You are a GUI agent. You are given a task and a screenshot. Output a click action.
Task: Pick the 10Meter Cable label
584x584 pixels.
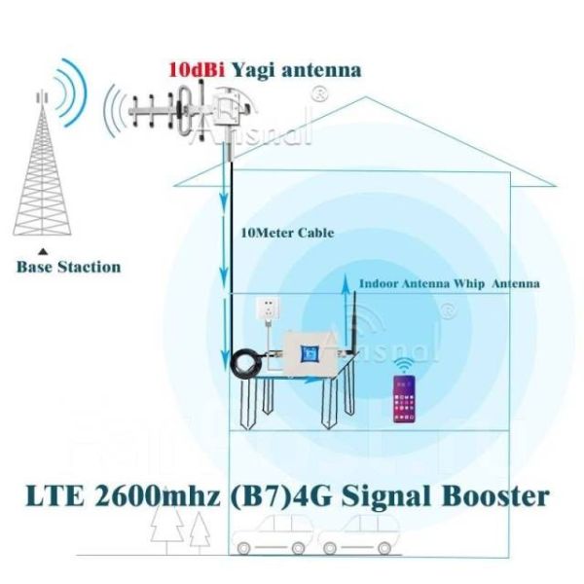287,234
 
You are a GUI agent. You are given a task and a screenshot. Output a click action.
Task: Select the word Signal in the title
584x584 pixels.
398,496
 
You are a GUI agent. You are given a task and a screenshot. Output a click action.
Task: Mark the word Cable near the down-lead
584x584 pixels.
313,234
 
